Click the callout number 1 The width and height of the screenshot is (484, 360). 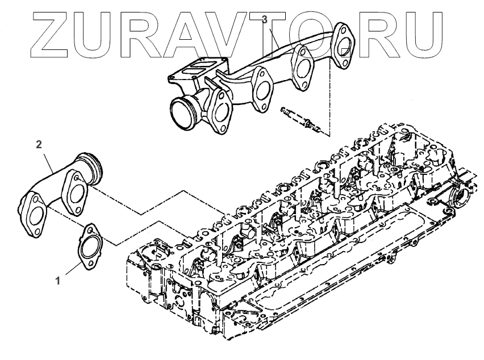click(58, 280)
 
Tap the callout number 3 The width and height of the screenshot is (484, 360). click(264, 19)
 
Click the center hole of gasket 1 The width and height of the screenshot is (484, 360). click(88, 247)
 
